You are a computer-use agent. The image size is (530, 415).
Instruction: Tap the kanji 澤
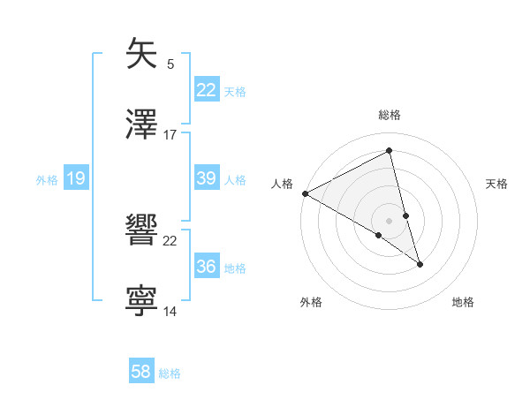coord(141,123)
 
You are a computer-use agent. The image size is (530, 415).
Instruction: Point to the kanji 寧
coord(141,299)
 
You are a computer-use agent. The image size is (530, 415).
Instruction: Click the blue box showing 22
coord(207,89)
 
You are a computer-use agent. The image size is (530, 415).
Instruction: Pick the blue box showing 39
coord(207,178)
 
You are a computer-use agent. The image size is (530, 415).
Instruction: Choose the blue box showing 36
coord(207,267)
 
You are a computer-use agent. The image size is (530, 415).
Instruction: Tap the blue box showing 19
coord(75,179)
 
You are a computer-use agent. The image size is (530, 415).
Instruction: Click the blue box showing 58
coord(141,372)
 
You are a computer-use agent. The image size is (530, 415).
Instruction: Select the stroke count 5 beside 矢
coord(170,64)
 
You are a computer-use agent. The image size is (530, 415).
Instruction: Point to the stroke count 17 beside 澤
coord(170,135)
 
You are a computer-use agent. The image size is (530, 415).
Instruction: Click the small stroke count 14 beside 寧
coord(170,312)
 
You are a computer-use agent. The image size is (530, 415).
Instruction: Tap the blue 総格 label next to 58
coord(170,373)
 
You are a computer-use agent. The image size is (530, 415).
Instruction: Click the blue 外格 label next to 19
coord(47,180)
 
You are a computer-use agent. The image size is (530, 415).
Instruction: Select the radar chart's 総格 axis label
coord(390,115)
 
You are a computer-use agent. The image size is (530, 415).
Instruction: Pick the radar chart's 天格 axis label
coord(497,184)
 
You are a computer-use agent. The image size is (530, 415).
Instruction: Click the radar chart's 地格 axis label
coord(463,302)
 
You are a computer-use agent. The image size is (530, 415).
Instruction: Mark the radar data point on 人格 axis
coord(305,193)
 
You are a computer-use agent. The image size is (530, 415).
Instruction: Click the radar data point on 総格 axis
coord(390,151)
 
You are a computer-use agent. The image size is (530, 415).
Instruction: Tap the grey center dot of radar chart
coord(390,220)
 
